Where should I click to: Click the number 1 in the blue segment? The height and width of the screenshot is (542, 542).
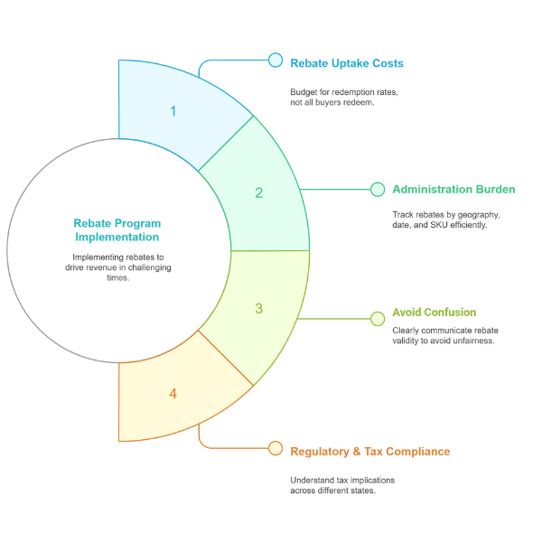[x=173, y=111]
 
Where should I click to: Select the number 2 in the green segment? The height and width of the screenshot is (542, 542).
[x=259, y=193]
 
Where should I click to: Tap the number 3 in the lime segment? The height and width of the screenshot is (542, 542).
[x=259, y=308]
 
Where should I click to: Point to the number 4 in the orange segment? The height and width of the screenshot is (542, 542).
[x=173, y=394]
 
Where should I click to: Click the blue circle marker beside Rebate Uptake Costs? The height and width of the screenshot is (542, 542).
[x=276, y=60]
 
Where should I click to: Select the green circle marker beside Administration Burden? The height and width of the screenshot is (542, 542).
[x=378, y=190]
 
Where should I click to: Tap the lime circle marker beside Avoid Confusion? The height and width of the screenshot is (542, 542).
[x=378, y=319]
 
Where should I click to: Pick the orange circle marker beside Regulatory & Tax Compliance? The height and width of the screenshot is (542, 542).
[x=276, y=448]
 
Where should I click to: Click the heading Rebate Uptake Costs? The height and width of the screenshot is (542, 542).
[x=347, y=63]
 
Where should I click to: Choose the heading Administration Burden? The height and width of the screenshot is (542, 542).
[x=453, y=190]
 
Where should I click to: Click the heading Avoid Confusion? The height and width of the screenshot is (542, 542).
[x=435, y=313]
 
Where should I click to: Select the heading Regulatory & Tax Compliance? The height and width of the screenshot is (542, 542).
[x=370, y=452]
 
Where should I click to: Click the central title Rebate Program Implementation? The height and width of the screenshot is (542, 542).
[x=117, y=230]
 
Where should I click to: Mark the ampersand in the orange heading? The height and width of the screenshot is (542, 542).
[x=357, y=452]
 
